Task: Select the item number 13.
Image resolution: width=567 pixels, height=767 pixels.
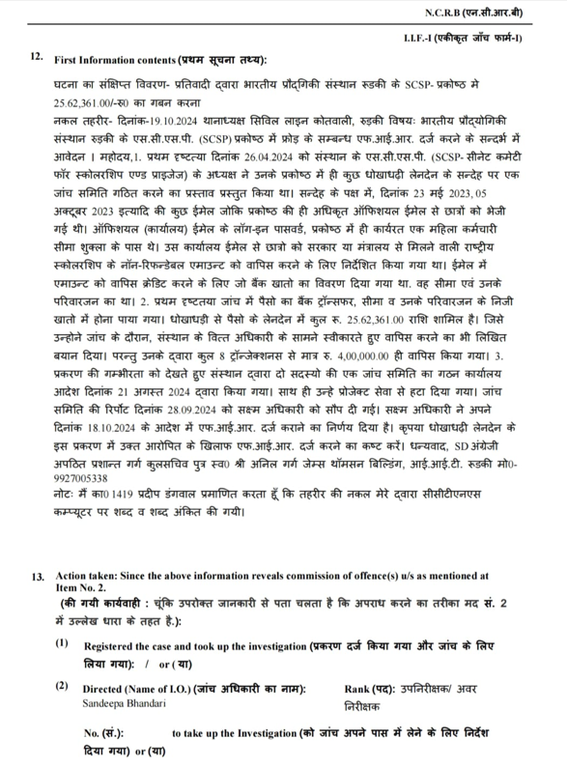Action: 37,577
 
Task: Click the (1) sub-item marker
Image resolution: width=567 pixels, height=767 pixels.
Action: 63,643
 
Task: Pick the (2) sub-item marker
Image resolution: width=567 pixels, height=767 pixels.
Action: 63,687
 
